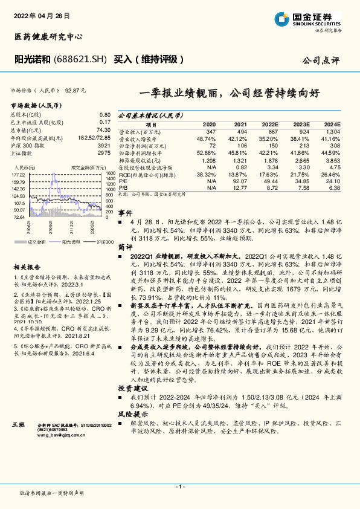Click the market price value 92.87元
74,90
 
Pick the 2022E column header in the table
270,123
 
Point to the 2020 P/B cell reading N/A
211,188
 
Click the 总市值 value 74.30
103,129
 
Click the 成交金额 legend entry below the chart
36,241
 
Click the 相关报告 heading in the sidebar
27,267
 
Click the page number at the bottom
179,487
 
